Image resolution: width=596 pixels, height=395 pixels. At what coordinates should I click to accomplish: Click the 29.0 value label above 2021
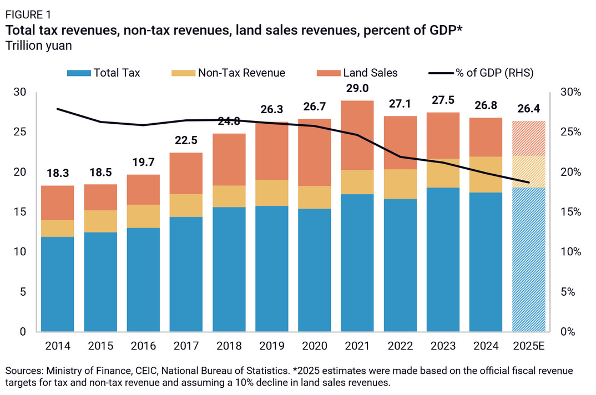pos(357,88)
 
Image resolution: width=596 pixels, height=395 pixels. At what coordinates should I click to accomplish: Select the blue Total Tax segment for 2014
pos(58,284)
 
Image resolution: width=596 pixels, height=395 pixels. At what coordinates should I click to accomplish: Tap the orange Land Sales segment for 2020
pos(315,152)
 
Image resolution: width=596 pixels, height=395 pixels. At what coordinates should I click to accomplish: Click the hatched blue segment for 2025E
pos(529,259)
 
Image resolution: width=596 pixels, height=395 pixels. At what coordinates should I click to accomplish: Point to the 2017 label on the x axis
pos(186,346)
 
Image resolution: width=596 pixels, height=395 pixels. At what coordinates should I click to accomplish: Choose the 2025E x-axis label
pos(529,346)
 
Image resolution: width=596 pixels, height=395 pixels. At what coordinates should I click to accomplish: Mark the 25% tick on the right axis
pos(570,132)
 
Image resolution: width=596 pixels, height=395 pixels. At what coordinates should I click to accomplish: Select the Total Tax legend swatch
pos(78,73)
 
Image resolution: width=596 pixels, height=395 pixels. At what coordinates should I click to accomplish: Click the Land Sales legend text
pos(370,73)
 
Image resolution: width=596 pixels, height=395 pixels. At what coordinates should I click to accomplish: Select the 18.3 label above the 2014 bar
pos(58,173)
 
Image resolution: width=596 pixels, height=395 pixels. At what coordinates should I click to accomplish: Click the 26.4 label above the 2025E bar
pos(529,108)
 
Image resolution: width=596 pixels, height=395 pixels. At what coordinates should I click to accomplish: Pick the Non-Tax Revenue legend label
pos(241,73)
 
